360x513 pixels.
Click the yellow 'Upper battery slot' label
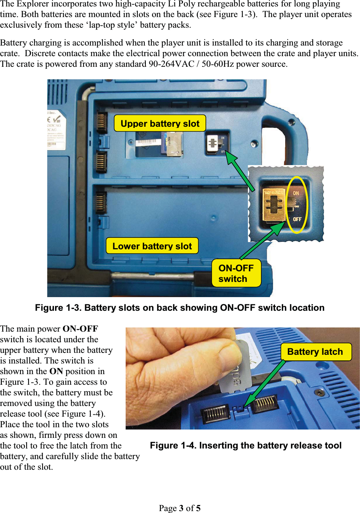pyautogui.click(x=160, y=124)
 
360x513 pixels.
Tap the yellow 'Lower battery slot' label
pyautogui.click(x=152, y=246)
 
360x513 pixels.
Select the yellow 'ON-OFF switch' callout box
pyautogui.click(x=236, y=273)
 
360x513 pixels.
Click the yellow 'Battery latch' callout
pyautogui.click(x=315, y=352)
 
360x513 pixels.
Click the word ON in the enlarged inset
pyautogui.click(x=296, y=193)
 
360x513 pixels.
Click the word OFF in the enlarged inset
pyautogui.click(x=297, y=219)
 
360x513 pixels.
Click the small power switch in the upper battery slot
pyautogui.click(x=213, y=143)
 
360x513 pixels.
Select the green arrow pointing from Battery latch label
pyautogui.click(x=265, y=383)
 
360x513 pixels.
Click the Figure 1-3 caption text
pyautogui.click(x=180, y=308)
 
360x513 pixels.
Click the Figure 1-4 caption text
pyautogui.click(x=246, y=445)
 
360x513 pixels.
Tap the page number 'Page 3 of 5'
pyautogui.click(x=180, y=508)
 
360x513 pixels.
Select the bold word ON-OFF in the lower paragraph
pyautogui.click(x=80, y=329)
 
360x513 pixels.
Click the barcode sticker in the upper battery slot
pyautogui.click(x=147, y=142)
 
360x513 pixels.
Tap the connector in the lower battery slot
pyautogui.click(x=100, y=203)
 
